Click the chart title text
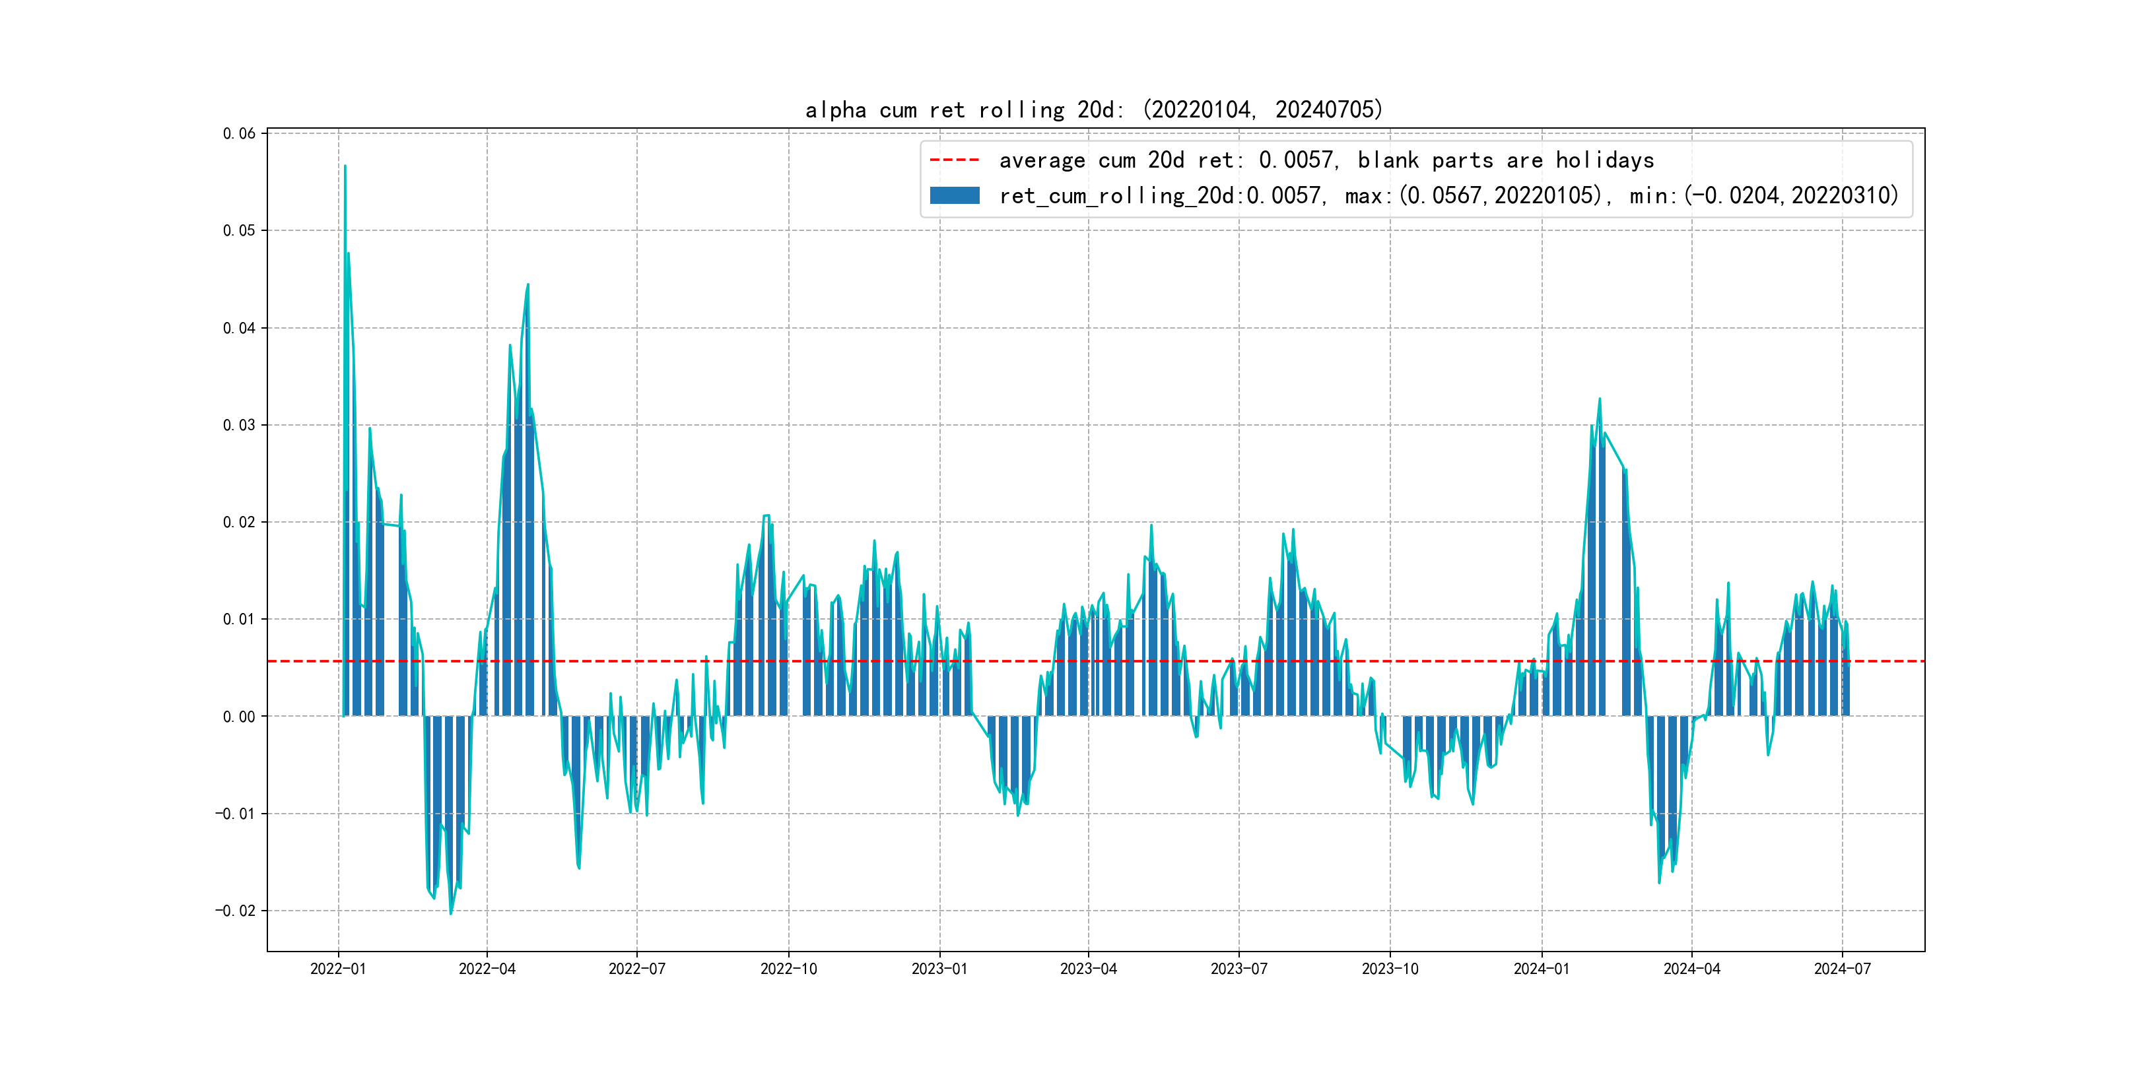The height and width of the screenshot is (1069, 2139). pos(1093,110)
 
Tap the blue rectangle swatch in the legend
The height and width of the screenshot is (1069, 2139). pos(954,196)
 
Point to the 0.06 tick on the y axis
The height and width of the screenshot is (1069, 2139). pos(239,133)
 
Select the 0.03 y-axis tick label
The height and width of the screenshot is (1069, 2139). pos(239,425)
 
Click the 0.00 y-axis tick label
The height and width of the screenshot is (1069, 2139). pos(239,716)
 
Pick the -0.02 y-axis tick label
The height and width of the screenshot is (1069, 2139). pos(236,911)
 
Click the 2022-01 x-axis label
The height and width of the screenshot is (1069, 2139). pos(338,969)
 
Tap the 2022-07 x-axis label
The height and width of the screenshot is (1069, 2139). pos(637,969)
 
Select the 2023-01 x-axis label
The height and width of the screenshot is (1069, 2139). pos(939,969)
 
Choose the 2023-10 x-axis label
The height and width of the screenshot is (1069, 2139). pos(1390,969)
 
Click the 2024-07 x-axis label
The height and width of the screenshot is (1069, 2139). pos(1843,969)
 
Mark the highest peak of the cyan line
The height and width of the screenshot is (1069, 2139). pos(345,166)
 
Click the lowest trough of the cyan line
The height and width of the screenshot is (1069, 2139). pos(451,914)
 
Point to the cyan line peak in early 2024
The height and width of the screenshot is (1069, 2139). pos(1599,399)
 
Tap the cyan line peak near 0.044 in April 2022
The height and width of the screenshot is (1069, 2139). pos(528,284)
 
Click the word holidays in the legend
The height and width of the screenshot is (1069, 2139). pos(1604,160)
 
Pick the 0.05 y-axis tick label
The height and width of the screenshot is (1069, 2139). pos(239,231)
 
